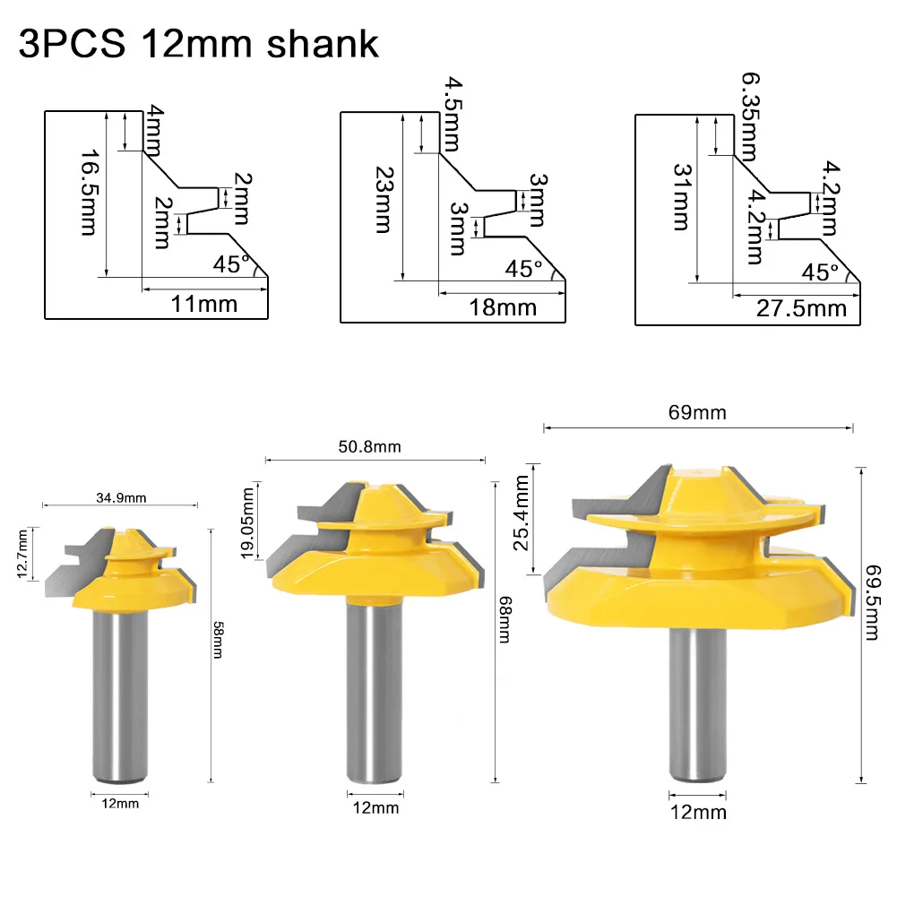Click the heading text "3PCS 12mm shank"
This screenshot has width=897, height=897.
[198, 44]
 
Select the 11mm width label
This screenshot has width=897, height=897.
[204, 304]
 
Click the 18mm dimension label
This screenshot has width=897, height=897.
[503, 307]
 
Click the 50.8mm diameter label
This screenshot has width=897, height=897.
[376, 446]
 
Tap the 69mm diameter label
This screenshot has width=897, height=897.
[698, 413]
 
